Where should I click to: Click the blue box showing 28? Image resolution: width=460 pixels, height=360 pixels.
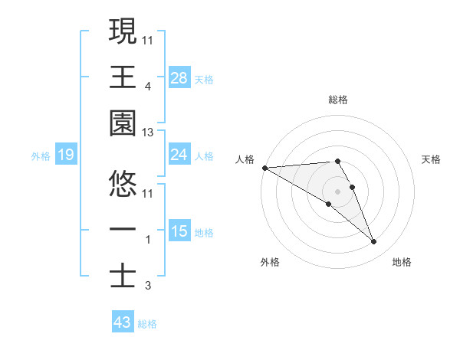(179, 77)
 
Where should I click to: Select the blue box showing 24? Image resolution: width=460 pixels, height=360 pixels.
(179, 155)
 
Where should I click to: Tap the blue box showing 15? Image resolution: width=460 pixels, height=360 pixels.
(179, 231)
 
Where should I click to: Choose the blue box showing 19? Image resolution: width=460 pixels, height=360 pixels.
(66, 155)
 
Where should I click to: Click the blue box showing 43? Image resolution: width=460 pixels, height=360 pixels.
(123, 322)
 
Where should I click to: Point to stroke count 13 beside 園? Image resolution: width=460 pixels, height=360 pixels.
(148, 133)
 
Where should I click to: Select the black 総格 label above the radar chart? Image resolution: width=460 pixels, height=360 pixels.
(338, 100)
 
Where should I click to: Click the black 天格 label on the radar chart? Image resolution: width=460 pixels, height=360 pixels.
(432, 159)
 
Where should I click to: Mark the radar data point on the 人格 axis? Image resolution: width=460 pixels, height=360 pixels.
(264, 167)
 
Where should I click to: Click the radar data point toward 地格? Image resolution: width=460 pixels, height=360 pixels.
(374, 242)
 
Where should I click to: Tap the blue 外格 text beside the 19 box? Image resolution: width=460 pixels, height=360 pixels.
(41, 156)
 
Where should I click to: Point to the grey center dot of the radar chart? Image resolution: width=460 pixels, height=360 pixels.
(338, 191)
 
